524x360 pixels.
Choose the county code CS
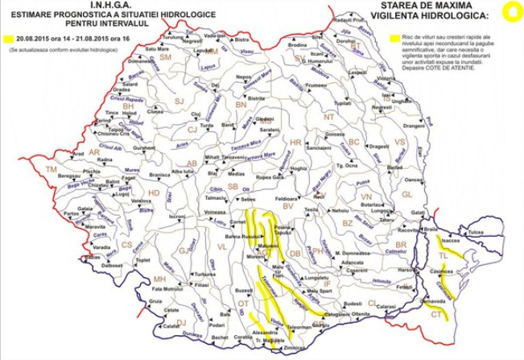pyautogui.click(x=126, y=244)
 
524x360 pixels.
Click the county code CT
pyautogui.click(x=435, y=315)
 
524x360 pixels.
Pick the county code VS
pyautogui.click(x=398, y=141)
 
